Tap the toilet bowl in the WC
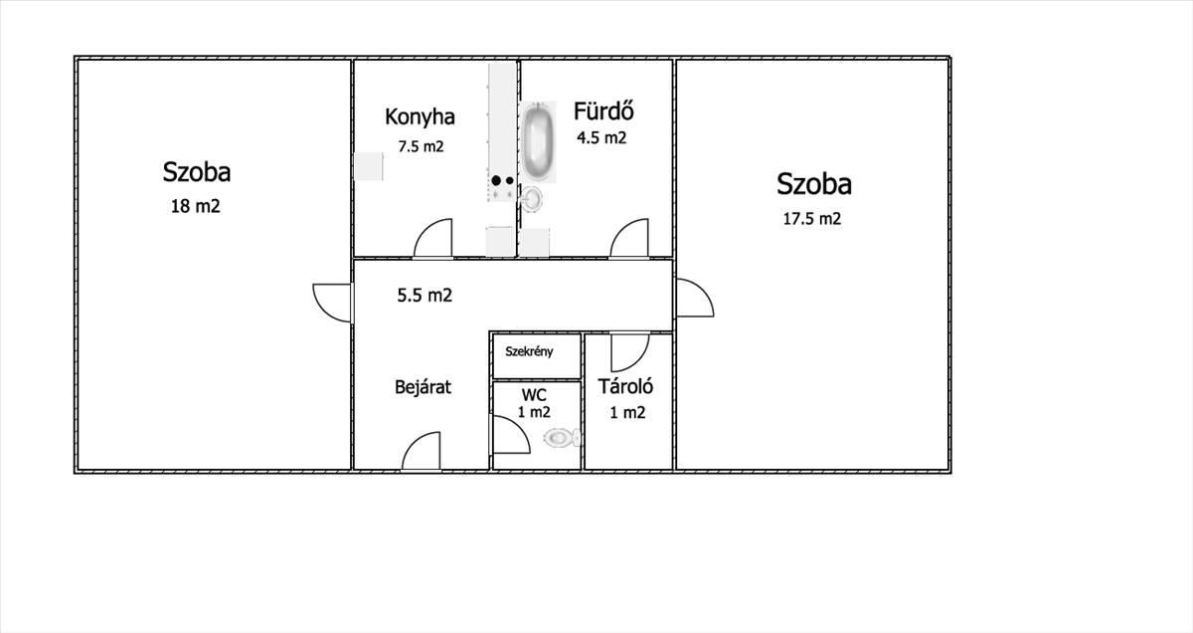pos(561,437)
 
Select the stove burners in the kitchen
pos(502,181)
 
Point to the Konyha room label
pos(420,116)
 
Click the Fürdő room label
pos(603,110)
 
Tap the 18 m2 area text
pos(196,207)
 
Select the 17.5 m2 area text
pos(811,219)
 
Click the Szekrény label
pos(529,351)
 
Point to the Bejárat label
pos(423,387)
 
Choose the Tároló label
pos(624,387)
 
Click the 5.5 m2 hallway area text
pos(425,295)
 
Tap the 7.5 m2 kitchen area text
pos(421,146)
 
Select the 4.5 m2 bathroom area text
pos(601,138)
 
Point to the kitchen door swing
pos(434,239)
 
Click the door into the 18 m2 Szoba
pos(333,303)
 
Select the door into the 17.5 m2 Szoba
pos(693,298)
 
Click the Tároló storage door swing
pos(628,350)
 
